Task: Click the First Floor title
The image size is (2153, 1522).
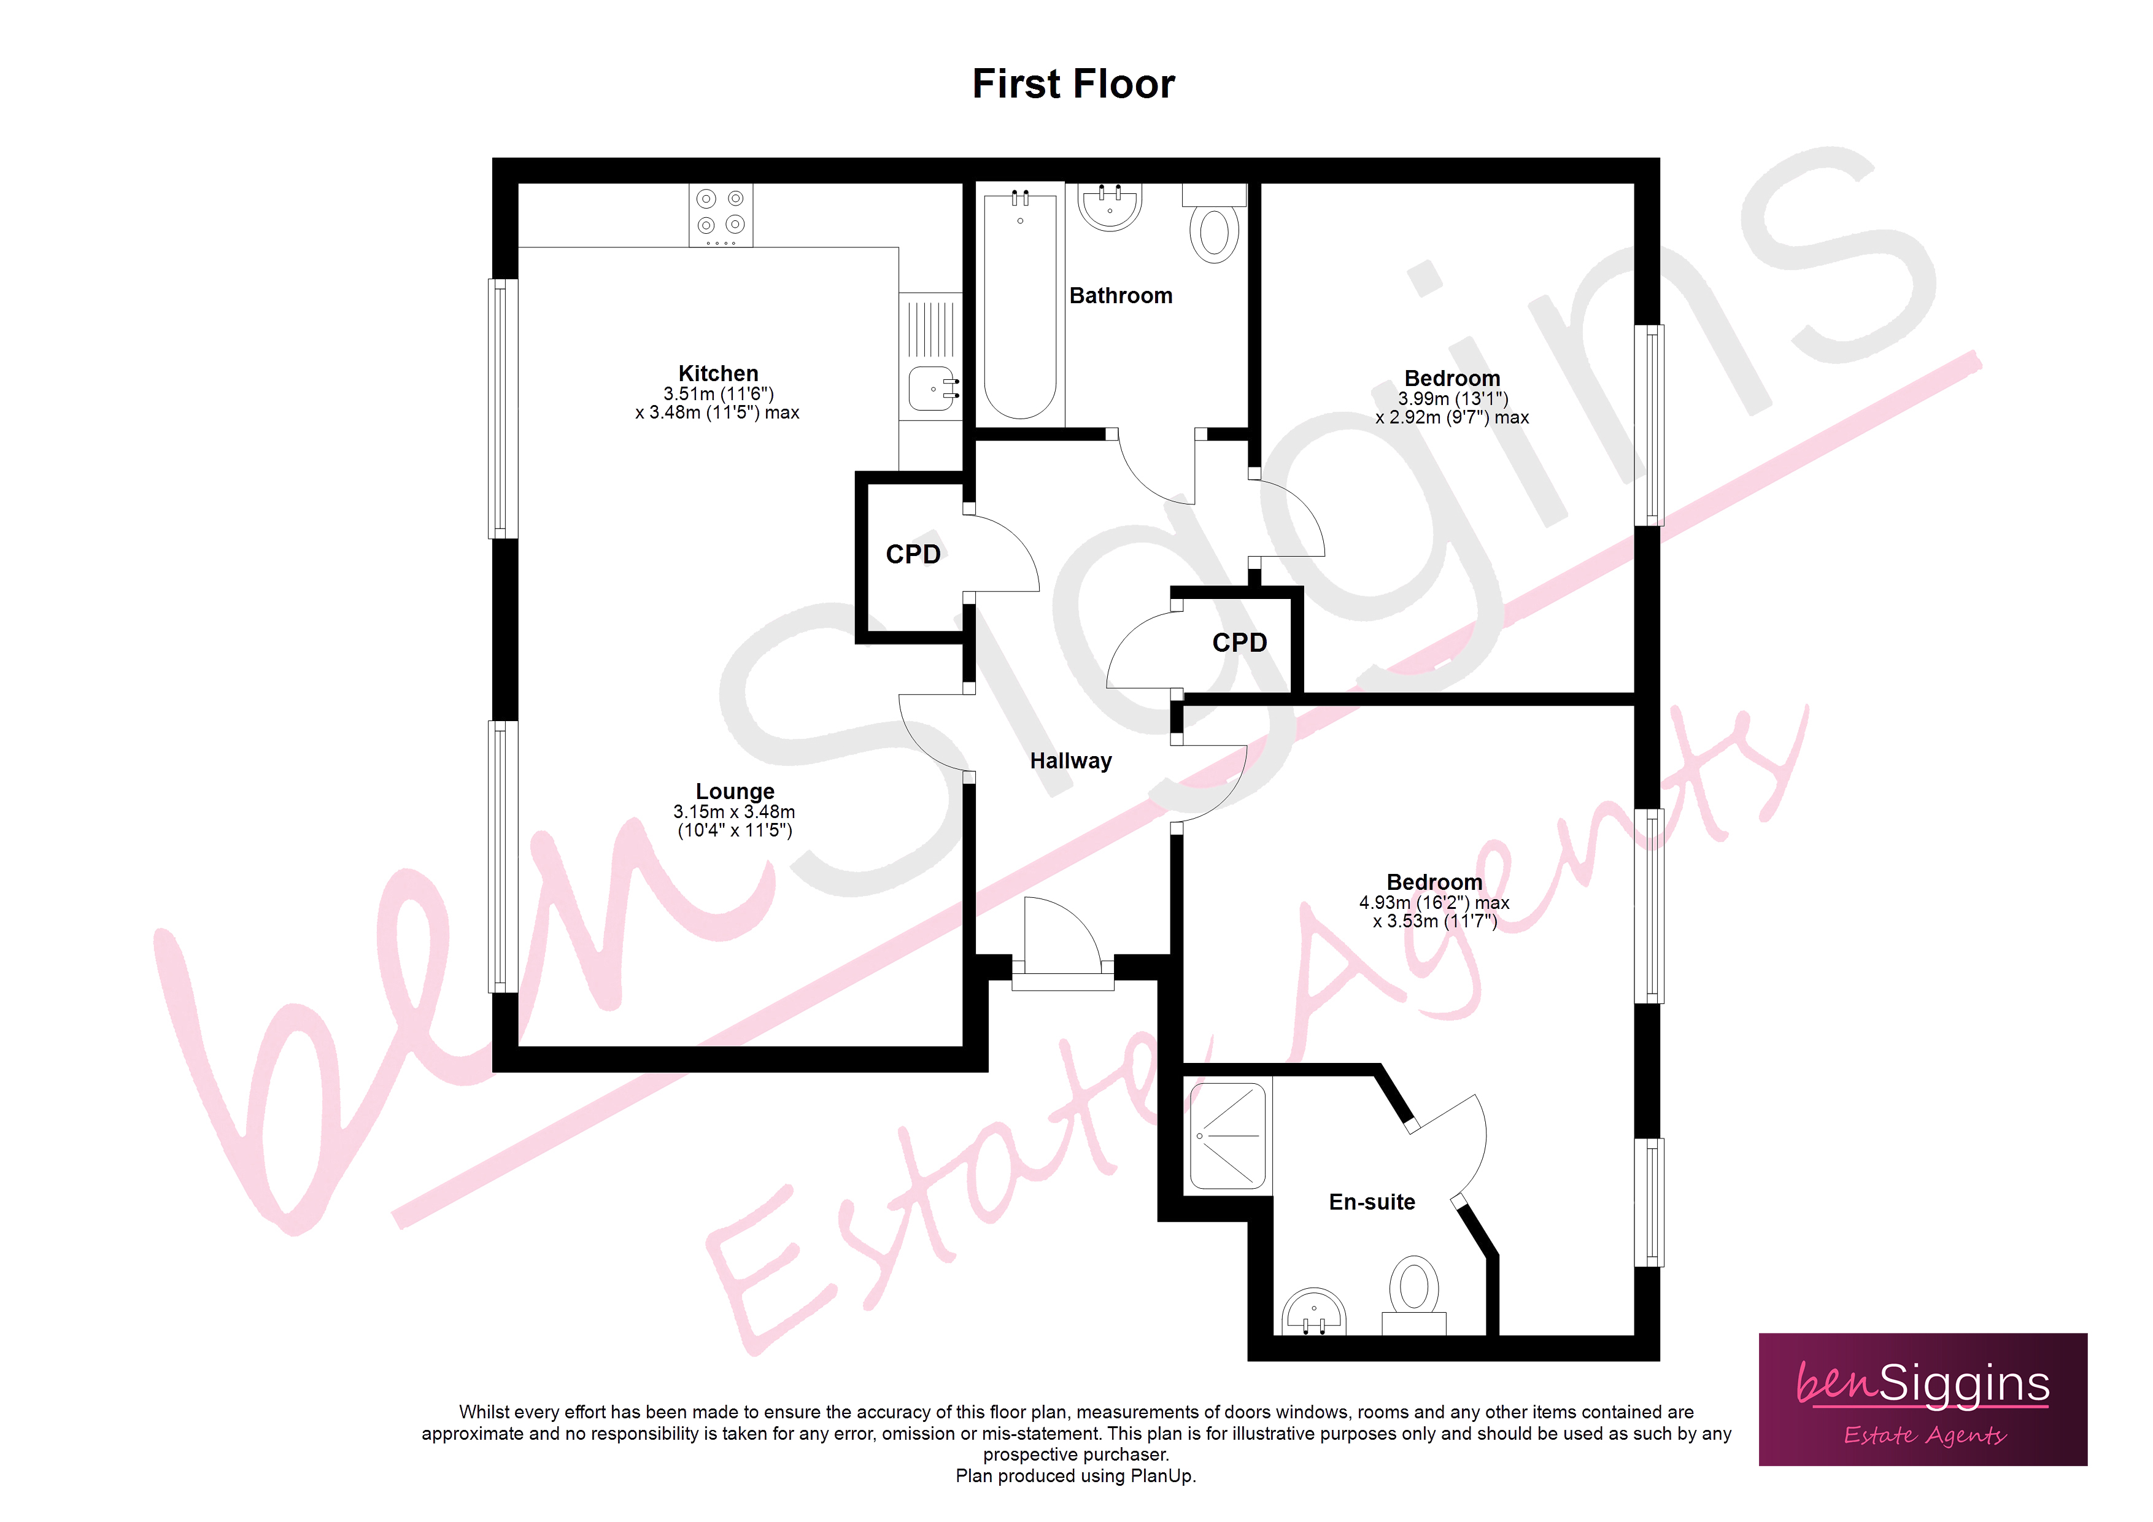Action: pos(1073,85)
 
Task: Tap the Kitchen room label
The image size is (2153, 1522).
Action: pos(718,373)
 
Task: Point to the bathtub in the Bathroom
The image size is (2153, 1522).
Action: pos(1020,305)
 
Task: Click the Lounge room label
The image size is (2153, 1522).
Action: pos(735,792)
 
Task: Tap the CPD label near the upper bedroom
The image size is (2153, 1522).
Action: pos(1240,643)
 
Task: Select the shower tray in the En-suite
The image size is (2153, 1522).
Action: pos(1227,1135)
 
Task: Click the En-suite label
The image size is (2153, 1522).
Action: pos(1372,1202)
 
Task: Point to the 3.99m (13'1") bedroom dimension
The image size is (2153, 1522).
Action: pos(1453,398)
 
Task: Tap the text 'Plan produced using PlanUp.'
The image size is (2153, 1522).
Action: pos(1075,1476)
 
